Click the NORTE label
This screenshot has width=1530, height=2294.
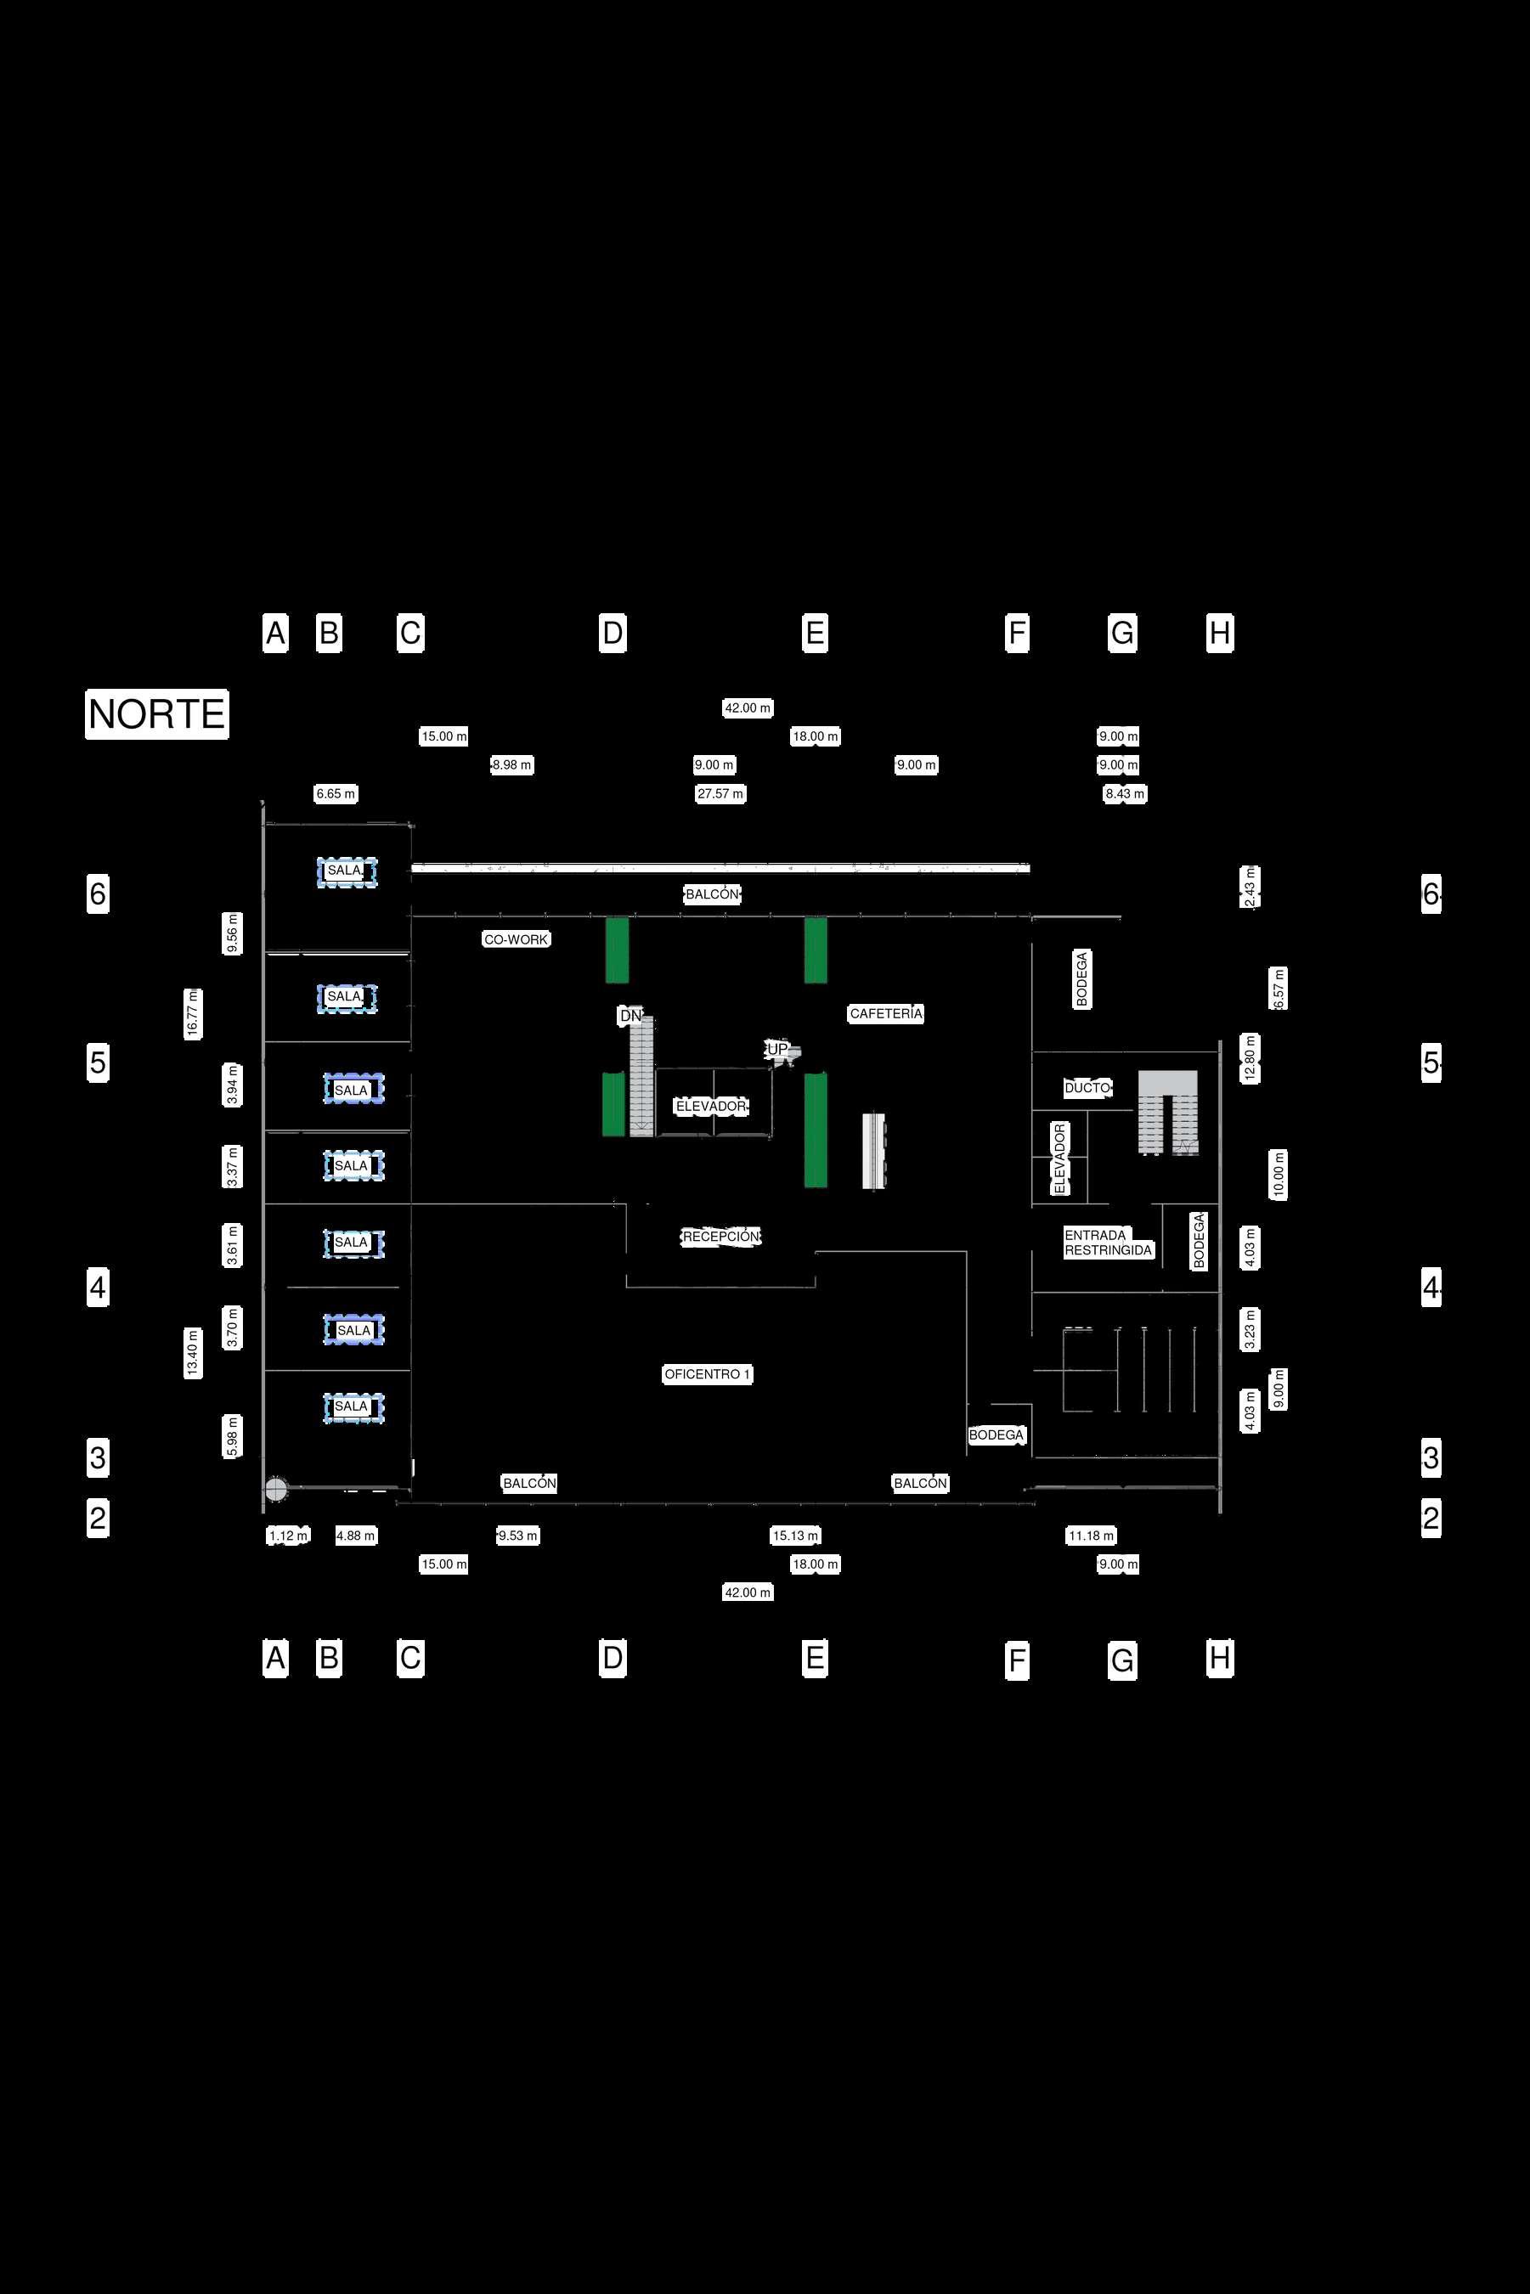[157, 714]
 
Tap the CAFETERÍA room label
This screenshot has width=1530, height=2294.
[885, 1013]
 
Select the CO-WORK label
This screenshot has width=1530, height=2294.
[517, 939]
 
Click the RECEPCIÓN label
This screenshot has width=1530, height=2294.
[721, 1237]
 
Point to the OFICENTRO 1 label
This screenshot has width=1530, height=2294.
[708, 1374]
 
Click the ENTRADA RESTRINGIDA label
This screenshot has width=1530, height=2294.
[1108, 1243]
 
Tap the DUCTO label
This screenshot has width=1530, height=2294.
[1087, 1087]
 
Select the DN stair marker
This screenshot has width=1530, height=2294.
[631, 1017]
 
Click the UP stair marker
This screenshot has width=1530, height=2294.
[777, 1050]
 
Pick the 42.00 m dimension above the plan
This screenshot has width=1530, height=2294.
[748, 708]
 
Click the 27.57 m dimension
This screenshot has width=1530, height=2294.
[720, 794]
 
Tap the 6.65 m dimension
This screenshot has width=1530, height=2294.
[336, 794]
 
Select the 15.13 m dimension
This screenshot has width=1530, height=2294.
[795, 1536]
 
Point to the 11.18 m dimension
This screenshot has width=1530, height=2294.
[1091, 1536]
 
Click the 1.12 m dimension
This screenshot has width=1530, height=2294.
[288, 1536]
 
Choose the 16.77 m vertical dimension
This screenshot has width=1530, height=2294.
[193, 1013]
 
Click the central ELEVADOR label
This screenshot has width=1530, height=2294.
[711, 1106]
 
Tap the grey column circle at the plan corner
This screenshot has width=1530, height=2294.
[276, 1490]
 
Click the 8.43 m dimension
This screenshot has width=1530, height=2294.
[1124, 794]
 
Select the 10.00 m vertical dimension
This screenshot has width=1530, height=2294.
[1279, 1175]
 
